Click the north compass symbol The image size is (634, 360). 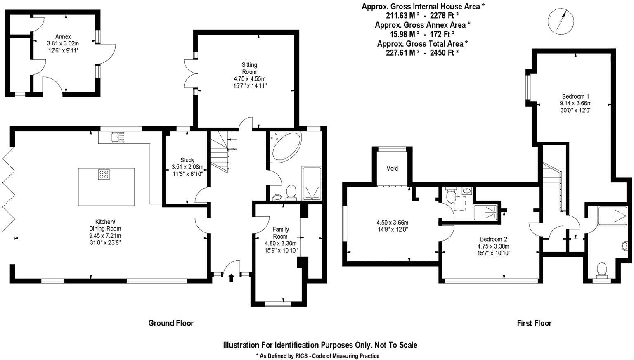pos(560,21)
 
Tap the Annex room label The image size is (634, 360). pos(63,36)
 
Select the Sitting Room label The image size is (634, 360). pos(249,68)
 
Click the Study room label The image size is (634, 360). pos(187,160)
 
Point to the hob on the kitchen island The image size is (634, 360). pos(104,175)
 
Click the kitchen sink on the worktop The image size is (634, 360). pos(118,137)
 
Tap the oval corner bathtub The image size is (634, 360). pos(286,147)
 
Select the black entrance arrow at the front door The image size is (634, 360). pos(231,278)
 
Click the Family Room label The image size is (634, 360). pos(280,233)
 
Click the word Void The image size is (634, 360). pos(392,168)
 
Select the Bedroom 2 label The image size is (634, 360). pos(493,239)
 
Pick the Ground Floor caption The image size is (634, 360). pos(171,323)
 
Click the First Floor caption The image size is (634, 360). pos(534,323)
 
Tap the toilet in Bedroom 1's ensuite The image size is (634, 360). pos(602,270)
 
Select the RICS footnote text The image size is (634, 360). pos(317,355)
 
